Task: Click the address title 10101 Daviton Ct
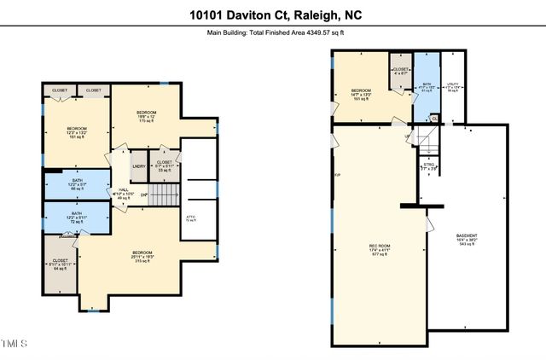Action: (x=272, y=14)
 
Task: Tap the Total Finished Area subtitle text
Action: (x=272, y=33)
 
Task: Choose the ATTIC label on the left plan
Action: (x=190, y=218)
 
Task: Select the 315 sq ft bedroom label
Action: (x=142, y=255)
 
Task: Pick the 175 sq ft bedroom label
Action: (x=148, y=115)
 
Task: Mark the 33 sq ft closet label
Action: (x=165, y=165)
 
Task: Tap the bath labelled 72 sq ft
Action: (x=77, y=217)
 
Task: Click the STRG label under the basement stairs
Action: (x=428, y=168)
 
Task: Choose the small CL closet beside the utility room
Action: (x=434, y=119)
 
